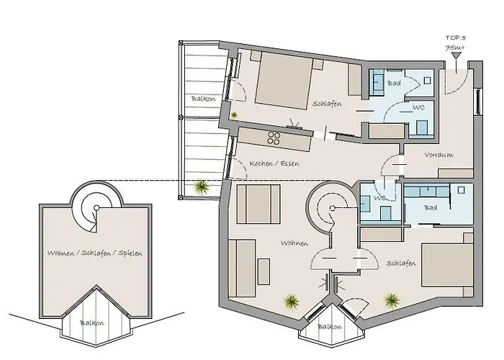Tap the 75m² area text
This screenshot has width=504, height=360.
click(x=454, y=48)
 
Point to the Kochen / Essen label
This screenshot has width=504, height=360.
click(x=274, y=163)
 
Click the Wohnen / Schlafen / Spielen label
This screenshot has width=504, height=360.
click(x=94, y=253)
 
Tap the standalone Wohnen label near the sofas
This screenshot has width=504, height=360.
click(x=276, y=243)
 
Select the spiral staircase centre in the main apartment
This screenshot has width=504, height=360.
click(x=332, y=209)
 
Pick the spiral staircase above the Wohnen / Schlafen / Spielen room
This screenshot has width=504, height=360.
click(x=94, y=207)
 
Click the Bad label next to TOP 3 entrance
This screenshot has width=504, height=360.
click(x=394, y=84)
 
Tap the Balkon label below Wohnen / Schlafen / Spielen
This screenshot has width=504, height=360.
click(x=91, y=323)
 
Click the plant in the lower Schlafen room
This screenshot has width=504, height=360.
click(x=391, y=297)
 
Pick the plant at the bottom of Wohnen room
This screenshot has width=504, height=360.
click(x=292, y=300)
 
